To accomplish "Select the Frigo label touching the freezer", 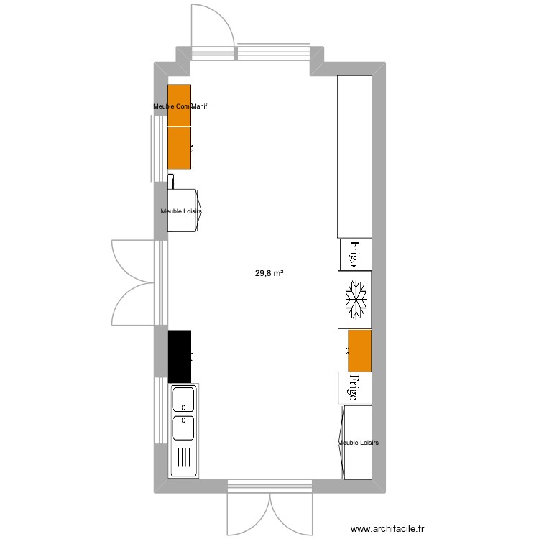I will pos(355,253).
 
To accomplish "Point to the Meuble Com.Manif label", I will pos(180,107).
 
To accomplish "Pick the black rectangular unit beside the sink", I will pos(180,356).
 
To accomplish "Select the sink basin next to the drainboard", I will pos(183,428).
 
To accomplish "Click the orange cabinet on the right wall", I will pos(359,351).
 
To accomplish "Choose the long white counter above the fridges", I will pos(354,157).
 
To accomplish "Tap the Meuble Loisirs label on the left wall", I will pos(181,211).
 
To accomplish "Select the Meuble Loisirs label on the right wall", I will pos(358,443).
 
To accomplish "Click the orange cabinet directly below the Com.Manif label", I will pos(179,148).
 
